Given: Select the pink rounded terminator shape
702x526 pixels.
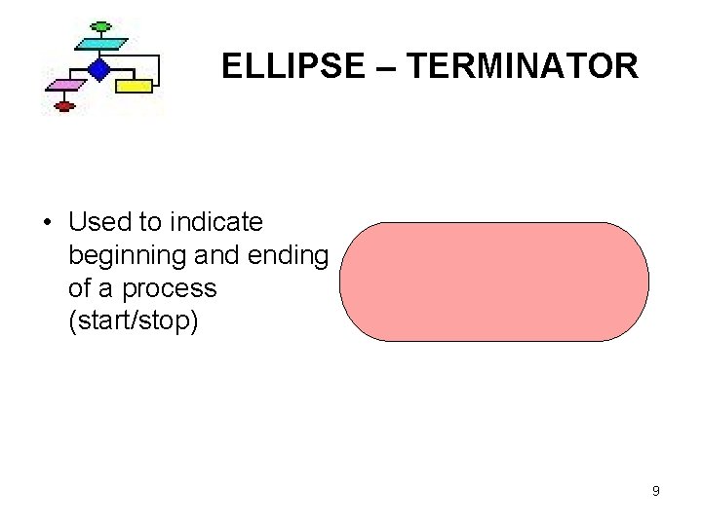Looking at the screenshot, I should [493, 282].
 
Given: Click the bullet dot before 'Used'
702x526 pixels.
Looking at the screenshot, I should [48, 223].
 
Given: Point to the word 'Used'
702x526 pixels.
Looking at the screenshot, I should [100, 222].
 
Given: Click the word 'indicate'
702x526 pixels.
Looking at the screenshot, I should [216, 222].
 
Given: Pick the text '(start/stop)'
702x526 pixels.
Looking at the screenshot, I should [134, 322].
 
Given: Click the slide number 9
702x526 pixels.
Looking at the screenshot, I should [656, 491].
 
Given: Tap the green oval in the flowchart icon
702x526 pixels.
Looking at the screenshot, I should [98, 25].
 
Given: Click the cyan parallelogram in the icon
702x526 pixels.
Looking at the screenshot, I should [100, 44].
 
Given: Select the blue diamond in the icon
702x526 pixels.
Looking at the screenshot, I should [97, 68].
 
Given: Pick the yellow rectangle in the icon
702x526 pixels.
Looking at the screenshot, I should [135, 86].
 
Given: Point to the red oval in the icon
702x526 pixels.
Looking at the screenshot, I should [65, 106].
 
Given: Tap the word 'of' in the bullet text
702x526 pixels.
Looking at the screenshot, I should [81, 289].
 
